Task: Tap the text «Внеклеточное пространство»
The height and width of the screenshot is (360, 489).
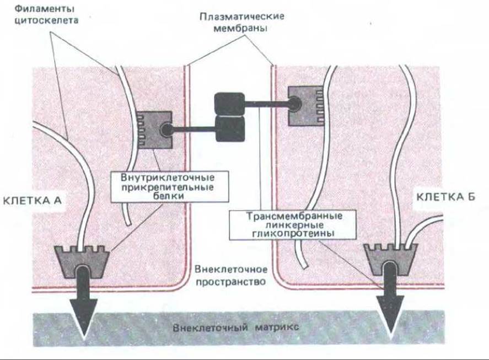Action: click(x=230, y=275)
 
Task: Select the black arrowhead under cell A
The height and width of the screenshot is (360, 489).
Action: click(x=84, y=319)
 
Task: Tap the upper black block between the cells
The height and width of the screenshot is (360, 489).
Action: click(x=229, y=103)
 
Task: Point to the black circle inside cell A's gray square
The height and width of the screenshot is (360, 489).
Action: click(x=165, y=130)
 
